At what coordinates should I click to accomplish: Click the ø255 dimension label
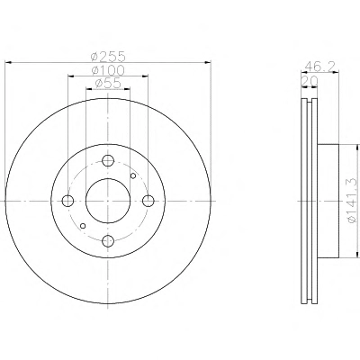108,56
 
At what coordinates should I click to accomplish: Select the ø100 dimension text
108,70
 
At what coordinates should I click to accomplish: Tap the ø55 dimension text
108,83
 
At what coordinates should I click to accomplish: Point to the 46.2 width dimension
319,66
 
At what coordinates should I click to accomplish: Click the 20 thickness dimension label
310,80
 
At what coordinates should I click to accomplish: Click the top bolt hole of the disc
108,160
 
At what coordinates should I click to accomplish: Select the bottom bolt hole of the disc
108,241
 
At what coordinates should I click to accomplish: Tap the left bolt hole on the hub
67,201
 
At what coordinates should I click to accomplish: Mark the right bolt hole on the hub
148,201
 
